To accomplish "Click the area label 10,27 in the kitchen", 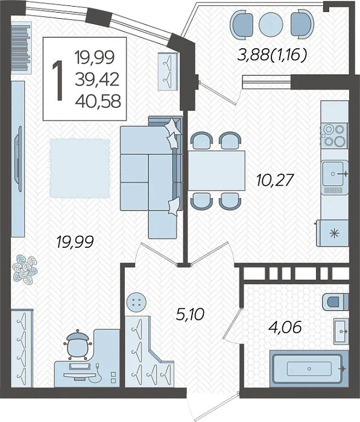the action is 274,180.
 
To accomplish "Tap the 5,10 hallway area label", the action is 190,314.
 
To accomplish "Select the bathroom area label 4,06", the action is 285,327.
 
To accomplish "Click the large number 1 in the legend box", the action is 58,80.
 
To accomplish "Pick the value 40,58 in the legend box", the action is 98,102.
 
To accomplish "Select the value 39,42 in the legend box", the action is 97,80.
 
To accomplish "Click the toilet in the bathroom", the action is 335,301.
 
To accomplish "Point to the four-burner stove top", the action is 334,134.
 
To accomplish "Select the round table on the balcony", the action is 271,24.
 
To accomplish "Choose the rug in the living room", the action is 80,168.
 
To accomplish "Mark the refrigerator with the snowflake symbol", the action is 332,233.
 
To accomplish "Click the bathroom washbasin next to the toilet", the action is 341,331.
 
